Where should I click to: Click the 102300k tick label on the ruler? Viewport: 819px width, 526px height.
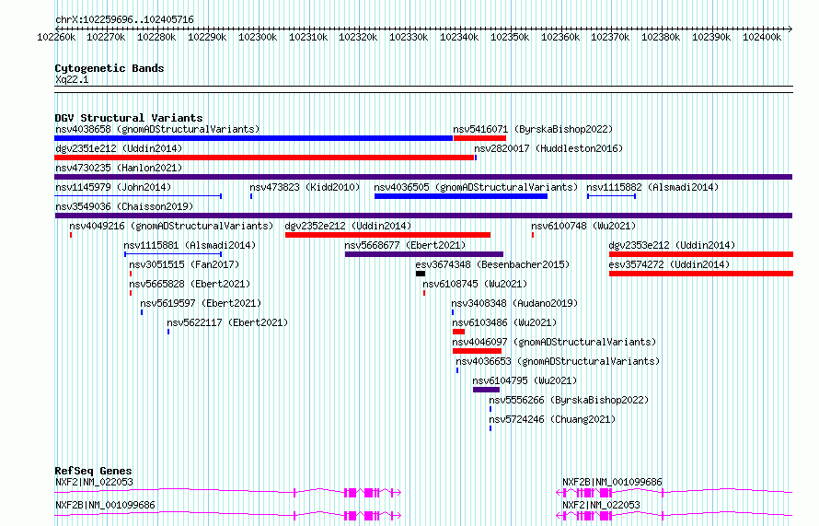coord(258,37)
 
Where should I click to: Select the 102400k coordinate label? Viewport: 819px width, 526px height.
coord(762,37)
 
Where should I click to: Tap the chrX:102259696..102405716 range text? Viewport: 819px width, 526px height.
coord(124,20)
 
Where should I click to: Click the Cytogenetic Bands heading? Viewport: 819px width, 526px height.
coord(110,68)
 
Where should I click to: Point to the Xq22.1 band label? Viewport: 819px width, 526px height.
coord(72,79)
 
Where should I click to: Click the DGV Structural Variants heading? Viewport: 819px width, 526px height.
coord(129,118)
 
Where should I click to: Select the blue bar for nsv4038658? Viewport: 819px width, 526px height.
coord(253,138)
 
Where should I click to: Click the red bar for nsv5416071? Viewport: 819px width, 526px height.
coord(479,138)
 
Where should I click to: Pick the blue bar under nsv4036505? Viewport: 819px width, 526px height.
coord(461,196)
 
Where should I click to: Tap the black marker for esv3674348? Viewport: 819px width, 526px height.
coord(421,274)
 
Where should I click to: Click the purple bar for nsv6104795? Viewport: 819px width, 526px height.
coord(486,390)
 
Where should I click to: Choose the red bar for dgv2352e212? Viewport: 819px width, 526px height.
coord(387,235)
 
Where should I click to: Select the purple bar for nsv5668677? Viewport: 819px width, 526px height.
coord(424,254)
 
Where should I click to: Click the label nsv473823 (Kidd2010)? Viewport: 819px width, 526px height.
coord(305,187)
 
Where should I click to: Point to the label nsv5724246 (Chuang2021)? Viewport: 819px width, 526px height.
coord(552,419)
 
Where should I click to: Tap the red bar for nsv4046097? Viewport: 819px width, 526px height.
coord(477,351)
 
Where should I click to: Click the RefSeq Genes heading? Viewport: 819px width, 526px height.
coord(93,471)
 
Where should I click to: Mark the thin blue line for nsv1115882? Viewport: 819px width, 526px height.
coord(611,196)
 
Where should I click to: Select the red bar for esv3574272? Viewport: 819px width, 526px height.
coord(701,274)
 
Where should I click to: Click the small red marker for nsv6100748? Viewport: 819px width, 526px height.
coord(533,235)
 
